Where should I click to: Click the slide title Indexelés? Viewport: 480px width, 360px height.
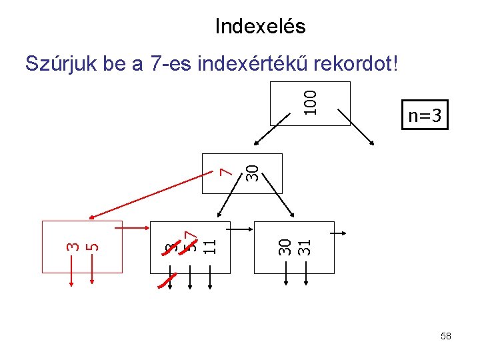260,27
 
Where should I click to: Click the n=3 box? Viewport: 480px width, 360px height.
425,116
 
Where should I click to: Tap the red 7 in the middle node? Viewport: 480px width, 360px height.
227,172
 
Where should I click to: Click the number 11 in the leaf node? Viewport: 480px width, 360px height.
209,246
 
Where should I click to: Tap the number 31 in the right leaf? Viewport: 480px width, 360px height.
305,247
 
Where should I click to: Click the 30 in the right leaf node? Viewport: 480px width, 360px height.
285,247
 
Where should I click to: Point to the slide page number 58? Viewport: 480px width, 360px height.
446,337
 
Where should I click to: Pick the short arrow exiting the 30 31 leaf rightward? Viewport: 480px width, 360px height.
338,233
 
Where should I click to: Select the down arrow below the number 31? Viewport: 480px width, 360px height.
305,272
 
